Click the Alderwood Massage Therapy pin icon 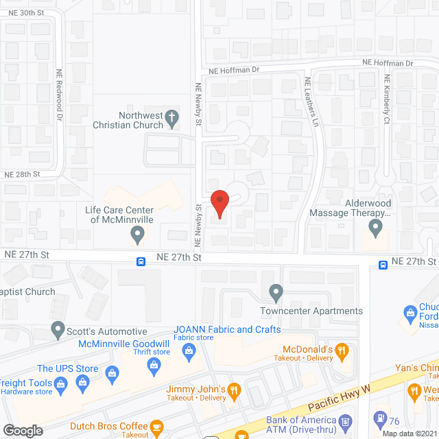pyautogui.click(x=375, y=226)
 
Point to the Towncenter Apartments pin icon pyautogui.click(x=276, y=294)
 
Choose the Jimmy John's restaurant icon pyautogui.click(x=235, y=390)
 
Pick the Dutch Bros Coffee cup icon pyautogui.click(x=156, y=426)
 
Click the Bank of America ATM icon pyautogui.click(x=346, y=420)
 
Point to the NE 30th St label pyautogui.click(x=23, y=13)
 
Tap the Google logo pyautogui.click(x=23, y=431)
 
